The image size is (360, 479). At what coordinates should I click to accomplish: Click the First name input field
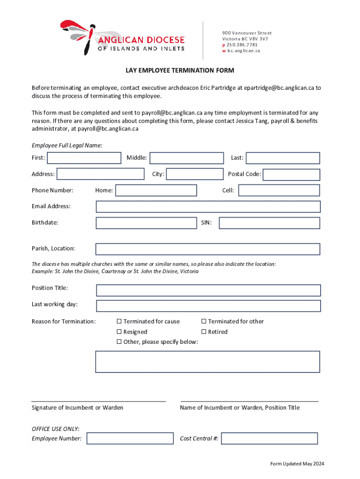[84, 158]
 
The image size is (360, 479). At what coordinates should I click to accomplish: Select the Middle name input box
[187, 158]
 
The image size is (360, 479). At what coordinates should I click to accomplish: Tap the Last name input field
[283, 158]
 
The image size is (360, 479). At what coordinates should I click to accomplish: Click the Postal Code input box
[291, 175]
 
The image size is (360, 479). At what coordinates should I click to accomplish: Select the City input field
[195, 174]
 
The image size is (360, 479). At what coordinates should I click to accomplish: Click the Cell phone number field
[279, 190]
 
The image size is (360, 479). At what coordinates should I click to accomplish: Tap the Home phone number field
[156, 190]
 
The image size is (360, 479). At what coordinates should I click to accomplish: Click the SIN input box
[269, 223]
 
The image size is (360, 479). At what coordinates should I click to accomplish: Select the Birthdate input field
[146, 223]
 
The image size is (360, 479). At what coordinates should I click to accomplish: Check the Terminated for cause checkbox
[119, 321]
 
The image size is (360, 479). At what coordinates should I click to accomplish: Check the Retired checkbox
[204, 332]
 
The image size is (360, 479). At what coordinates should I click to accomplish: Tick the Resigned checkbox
[119, 332]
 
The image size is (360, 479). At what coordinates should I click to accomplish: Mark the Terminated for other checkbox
[204, 321]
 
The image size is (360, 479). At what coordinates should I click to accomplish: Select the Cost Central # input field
[269, 438]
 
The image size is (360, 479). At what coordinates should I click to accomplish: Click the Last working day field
[208, 306]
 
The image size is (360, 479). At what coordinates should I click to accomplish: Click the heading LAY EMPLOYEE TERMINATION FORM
[180, 71]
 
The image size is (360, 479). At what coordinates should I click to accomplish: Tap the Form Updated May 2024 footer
[297, 464]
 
